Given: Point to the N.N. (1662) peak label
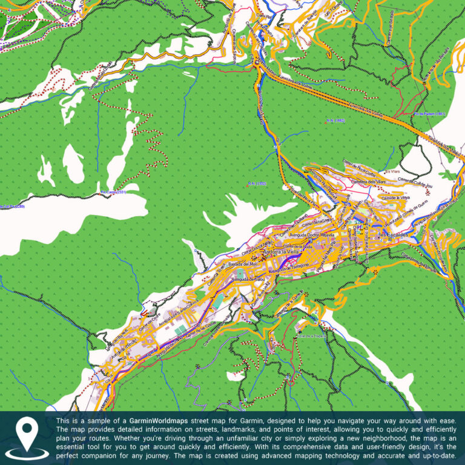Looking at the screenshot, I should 335,120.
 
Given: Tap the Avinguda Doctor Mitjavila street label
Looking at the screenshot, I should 312,234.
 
